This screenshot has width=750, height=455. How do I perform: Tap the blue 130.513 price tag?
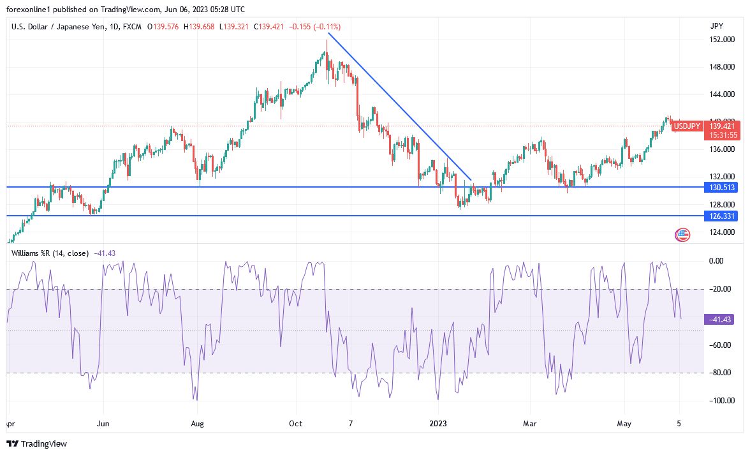(721, 187)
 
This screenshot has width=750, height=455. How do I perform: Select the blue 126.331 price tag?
(721, 216)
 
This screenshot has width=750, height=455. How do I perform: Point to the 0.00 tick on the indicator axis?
(717, 261)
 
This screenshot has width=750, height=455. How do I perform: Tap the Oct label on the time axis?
(295, 423)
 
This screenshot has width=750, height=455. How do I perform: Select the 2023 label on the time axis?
(438, 423)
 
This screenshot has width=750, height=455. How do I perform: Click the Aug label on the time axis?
(198, 423)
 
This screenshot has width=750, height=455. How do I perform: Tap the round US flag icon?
(682, 235)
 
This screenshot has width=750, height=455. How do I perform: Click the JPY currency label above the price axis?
(716, 26)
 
